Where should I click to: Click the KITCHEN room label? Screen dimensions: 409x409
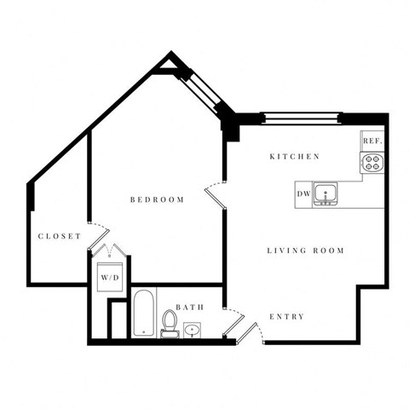pyautogui.click(x=294, y=157)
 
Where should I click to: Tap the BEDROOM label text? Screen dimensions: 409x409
pyautogui.click(x=157, y=200)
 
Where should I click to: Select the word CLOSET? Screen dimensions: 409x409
pyautogui.click(x=59, y=236)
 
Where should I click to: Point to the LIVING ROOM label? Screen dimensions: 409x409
pyautogui.click(x=305, y=251)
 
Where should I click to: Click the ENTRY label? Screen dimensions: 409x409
pyautogui.click(x=286, y=317)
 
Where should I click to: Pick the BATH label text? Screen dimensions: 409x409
pyautogui.click(x=189, y=307)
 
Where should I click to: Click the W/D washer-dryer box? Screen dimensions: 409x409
pyautogui.click(x=110, y=277)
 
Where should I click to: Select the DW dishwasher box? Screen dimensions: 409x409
pyautogui.click(x=303, y=194)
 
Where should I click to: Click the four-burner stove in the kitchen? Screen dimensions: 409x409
pyautogui.click(x=372, y=162)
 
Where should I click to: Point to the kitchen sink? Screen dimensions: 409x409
pyautogui.click(x=324, y=194)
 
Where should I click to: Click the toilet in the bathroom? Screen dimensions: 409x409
pyautogui.click(x=170, y=324)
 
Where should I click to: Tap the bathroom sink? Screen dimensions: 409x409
pyautogui.click(x=194, y=328)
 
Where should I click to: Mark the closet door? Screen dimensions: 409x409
pyautogui.click(x=98, y=232)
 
